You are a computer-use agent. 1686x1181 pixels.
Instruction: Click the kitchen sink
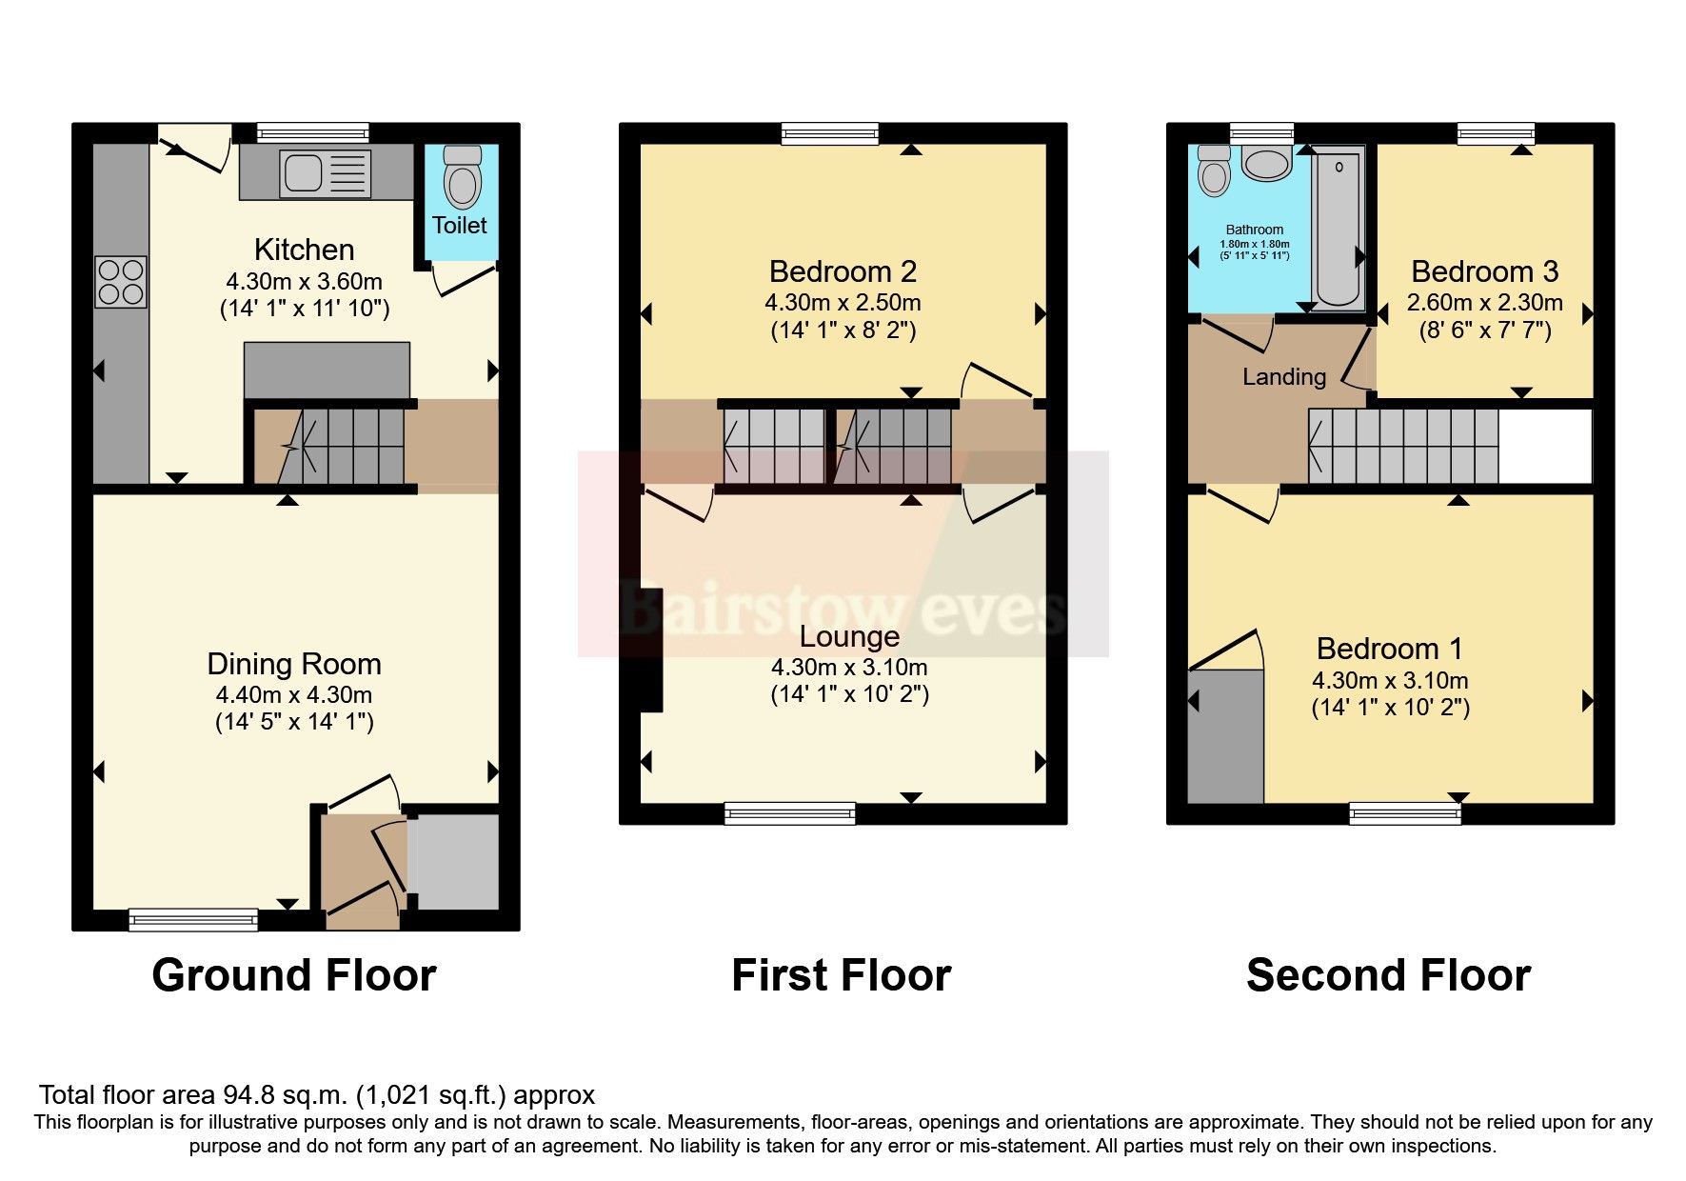(x=324, y=174)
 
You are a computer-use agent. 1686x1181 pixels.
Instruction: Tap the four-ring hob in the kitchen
(x=121, y=282)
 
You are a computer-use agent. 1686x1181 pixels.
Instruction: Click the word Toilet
(x=459, y=226)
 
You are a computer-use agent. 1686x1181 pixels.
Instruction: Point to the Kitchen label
(x=304, y=250)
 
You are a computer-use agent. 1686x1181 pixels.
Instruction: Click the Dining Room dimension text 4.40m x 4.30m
(x=293, y=694)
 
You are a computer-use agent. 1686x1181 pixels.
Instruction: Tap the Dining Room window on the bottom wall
(x=193, y=919)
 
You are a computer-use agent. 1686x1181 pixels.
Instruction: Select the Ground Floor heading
(x=293, y=975)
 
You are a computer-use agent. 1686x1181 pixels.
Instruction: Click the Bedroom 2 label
(x=843, y=271)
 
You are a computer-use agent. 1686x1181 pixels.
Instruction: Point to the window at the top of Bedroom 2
(x=829, y=133)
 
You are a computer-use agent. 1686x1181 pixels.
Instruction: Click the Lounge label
(x=849, y=636)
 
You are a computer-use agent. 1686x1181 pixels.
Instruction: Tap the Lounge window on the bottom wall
(x=789, y=813)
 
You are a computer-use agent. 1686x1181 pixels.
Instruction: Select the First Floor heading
(x=841, y=975)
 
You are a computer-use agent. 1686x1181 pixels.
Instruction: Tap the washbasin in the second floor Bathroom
(x=1265, y=165)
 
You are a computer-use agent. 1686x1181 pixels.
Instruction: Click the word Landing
(x=1283, y=377)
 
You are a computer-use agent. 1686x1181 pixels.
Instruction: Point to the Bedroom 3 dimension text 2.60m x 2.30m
(x=1484, y=303)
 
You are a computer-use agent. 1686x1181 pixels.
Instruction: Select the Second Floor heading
(x=1388, y=975)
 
